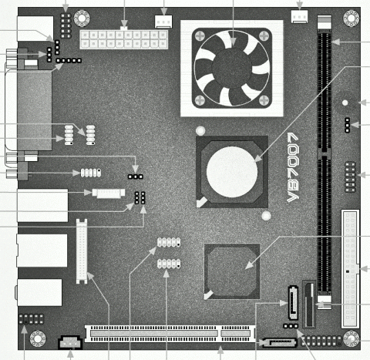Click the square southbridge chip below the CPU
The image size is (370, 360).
(231, 270)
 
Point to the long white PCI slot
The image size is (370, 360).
(170, 334)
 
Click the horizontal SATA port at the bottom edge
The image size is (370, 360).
(270, 341)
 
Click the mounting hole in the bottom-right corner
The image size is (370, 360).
(351, 338)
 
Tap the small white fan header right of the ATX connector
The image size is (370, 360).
(163, 21)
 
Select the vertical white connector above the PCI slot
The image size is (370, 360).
(81, 251)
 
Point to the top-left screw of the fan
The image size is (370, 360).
(199, 35)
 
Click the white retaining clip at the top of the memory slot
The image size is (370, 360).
(323, 24)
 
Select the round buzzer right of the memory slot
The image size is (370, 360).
(345, 102)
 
